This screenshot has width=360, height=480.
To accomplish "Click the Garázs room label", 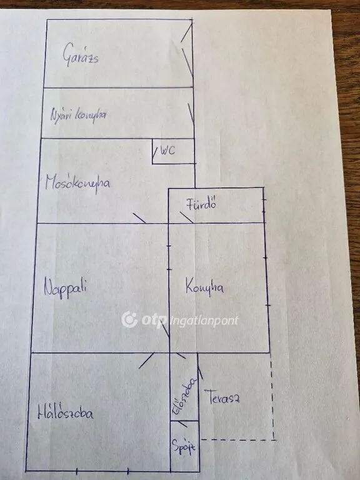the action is click(x=81, y=55).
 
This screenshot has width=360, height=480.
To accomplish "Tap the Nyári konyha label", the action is click(x=78, y=115).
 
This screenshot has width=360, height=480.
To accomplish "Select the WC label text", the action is click(x=167, y=150).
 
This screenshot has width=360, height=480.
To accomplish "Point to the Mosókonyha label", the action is click(x=77, y=183).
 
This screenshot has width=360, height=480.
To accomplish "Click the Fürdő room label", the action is click(x=201, y=204).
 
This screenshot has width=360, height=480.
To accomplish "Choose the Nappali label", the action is click(x=65, y=287).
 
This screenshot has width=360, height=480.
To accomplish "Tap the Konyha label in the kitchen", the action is click(x=204, y=287).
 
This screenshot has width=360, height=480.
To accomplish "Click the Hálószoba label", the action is click(x=66, y=413).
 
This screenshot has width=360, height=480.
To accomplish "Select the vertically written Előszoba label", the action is click(x=184, y=396).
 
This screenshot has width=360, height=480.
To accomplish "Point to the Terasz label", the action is click(x=224, y=397).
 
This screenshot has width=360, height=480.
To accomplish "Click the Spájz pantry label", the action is click(x=183, y=447).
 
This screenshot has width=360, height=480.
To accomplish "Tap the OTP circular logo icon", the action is click(x=129, y=319).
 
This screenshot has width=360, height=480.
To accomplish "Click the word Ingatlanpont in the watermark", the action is click(x=204, y=321).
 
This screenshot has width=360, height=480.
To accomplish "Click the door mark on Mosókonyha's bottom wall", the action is click(x=139, y=217).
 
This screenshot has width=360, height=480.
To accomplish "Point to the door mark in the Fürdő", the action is click(x=186, y=217).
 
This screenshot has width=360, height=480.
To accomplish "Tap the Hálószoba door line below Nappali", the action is click(x=146, y=360).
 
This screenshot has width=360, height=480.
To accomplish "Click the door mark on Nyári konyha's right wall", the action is click(x=191, y=114).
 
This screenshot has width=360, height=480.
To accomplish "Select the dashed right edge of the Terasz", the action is click(x=272, y=396).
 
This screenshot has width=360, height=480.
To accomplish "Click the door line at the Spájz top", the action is click(x=182, y=424).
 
